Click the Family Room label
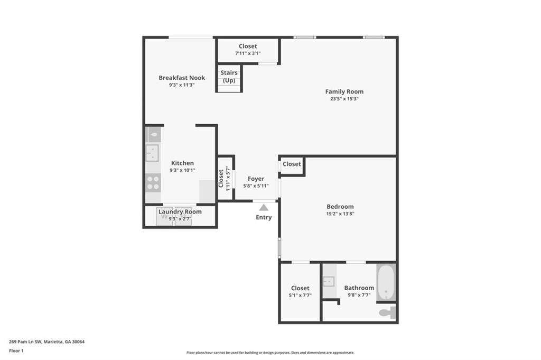(344, 91)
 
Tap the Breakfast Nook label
(182, 78)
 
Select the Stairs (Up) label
(229, 76)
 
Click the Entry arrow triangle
(264, 208)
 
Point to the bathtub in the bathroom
(385, 282)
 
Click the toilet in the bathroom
(387, 312)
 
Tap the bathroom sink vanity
(329, 281)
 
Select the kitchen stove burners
(153, 182)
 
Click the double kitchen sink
(152, 153)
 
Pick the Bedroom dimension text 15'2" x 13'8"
(340, 214)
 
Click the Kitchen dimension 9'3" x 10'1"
(182, 170)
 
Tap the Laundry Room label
(180, 211)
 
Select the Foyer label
(256, 179)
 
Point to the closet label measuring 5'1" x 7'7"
(300, 296)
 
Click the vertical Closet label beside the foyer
(221, 178)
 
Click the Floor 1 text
(16, 350)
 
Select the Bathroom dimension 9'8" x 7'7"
(359, 295)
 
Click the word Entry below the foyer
(264, 217)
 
